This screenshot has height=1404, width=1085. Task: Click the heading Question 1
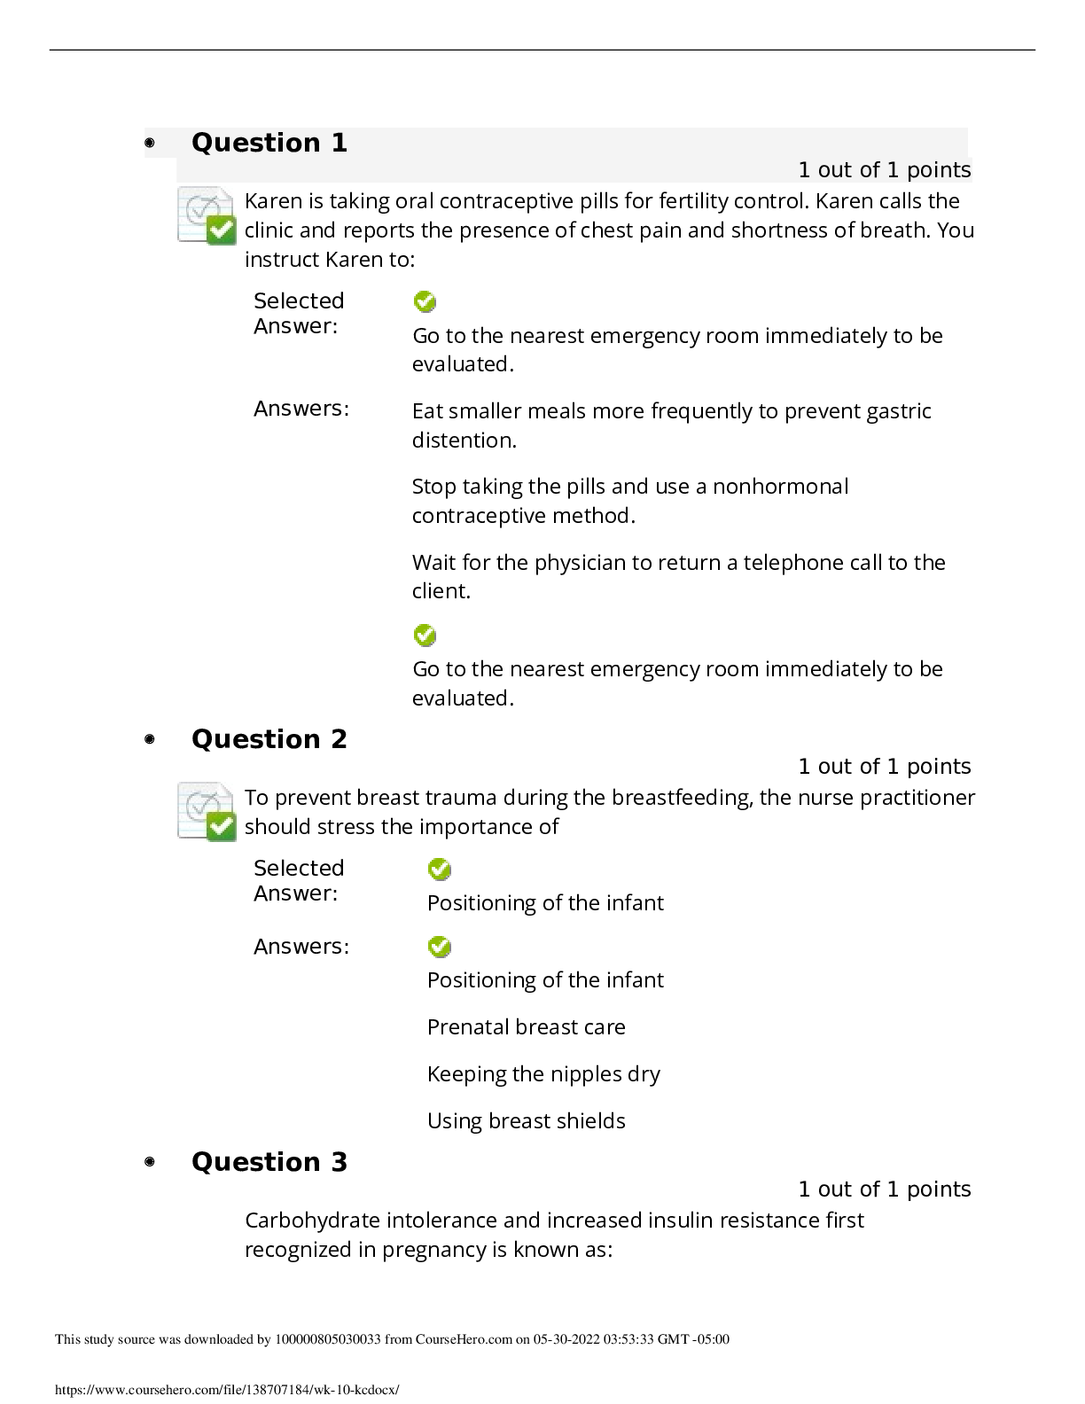(269, 143)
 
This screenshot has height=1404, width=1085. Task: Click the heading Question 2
(269, 739)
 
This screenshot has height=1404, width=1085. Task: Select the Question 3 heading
(269, 1162)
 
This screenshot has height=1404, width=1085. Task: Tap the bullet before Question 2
(150, 739)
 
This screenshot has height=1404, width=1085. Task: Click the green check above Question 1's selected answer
(425, 301)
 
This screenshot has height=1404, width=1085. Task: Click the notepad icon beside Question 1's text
(207, 215)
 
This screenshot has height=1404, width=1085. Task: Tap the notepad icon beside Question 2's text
(207, 812)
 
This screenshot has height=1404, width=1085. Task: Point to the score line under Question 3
(884, 1189)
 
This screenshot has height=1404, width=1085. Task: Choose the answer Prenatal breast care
(526, 1026)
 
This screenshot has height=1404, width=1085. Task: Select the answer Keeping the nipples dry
(543, 1074)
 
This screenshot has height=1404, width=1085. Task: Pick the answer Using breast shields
(526, 1120)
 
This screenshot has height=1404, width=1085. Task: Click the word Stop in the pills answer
(433, 487)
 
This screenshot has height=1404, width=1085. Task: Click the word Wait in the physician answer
(434, 562)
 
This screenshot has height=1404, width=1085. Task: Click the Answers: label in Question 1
(301, 409)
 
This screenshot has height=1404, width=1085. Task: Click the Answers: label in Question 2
(301, 946)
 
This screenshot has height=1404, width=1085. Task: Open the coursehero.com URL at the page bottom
(227, 1390)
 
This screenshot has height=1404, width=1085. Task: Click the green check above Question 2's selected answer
(440, 869)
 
